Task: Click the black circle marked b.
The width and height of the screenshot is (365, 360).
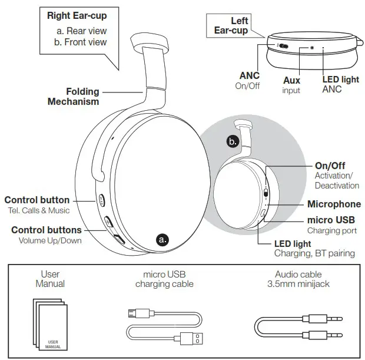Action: click(x=234, y=141)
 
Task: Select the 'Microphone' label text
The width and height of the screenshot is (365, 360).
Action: click(x=333, y=204)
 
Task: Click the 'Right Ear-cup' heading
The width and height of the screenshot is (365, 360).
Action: click(x=81, y=15)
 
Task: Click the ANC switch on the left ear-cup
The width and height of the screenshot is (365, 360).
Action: click(x=283, y=46)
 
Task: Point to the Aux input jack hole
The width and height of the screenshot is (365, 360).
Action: click(x=311, y=46)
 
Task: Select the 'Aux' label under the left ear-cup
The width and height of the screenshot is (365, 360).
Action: click(x=291, y=81)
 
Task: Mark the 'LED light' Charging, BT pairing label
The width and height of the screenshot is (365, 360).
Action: click(x=293, y=244)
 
